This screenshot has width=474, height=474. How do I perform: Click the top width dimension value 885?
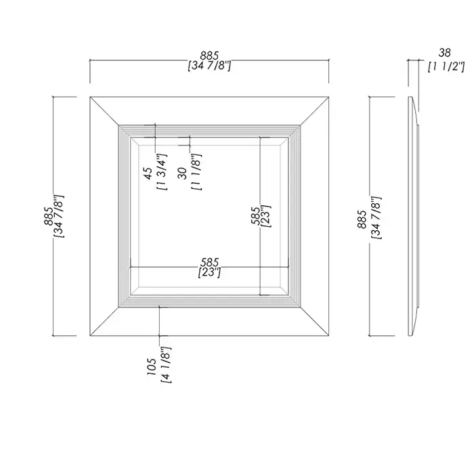click(209, 56)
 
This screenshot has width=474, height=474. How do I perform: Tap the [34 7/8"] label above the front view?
click(209, 66)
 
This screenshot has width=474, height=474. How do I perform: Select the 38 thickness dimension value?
click(444, 53)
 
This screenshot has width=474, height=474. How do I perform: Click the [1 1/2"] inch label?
click(446, 66)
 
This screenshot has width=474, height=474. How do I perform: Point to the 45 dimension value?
click(148, 173)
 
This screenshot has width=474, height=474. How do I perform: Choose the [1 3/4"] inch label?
click(162, 172)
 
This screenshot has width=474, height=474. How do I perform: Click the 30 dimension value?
click(183, 173)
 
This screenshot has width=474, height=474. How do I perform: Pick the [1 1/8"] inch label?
click(196, 172)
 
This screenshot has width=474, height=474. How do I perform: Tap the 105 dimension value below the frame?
click(152, 367)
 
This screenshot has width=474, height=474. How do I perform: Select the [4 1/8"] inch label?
click(167, 365)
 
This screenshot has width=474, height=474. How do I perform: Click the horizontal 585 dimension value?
click(209, 262)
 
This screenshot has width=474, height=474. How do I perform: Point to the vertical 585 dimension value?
click(255, 216)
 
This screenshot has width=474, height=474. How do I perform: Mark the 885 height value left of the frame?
click(48, 216)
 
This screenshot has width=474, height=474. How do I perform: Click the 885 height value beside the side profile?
click(362, 219)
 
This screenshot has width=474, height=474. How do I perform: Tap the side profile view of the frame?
click(413, 216)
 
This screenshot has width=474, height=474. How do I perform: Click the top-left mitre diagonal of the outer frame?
click(104, 111)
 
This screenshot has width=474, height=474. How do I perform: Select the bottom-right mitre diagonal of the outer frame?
click(314, 322)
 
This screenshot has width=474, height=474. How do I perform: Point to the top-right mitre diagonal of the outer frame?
click(314, 111)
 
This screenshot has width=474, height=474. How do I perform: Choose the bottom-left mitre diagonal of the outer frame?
click(104, 322)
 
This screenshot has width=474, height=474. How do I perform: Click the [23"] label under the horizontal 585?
click(209, 272)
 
